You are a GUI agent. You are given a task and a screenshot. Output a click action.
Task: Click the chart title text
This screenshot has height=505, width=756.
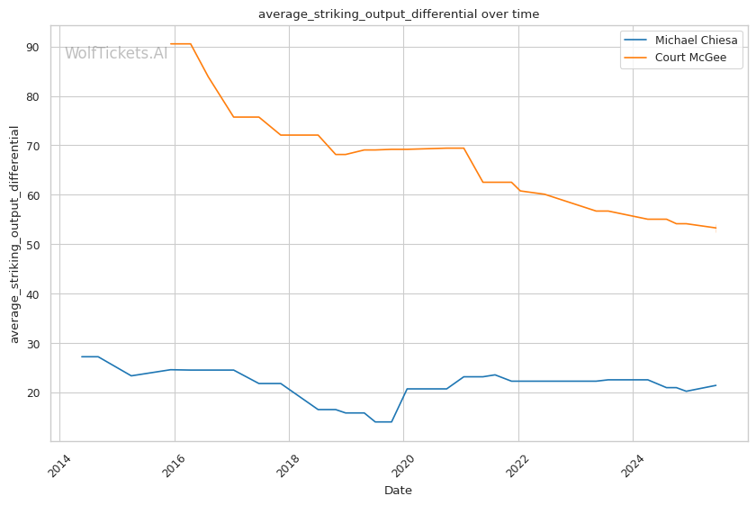(399, 14)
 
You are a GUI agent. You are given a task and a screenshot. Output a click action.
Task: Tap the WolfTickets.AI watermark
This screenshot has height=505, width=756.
(116, 53)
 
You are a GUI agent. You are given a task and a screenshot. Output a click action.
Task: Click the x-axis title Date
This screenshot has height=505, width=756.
(398, 491)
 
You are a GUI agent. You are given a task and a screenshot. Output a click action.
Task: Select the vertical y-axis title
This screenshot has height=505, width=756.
(14, 234)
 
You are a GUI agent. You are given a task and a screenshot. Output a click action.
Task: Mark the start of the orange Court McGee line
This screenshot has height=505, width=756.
(171, 44)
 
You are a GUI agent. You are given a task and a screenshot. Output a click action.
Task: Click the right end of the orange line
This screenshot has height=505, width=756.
(715, 228)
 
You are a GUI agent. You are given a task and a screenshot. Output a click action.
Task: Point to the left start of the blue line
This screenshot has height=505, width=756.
(82, 356)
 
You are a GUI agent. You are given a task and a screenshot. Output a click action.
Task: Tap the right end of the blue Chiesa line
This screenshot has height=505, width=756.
(715, 385)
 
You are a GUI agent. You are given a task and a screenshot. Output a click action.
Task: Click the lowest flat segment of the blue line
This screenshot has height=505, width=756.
(383, 421)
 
